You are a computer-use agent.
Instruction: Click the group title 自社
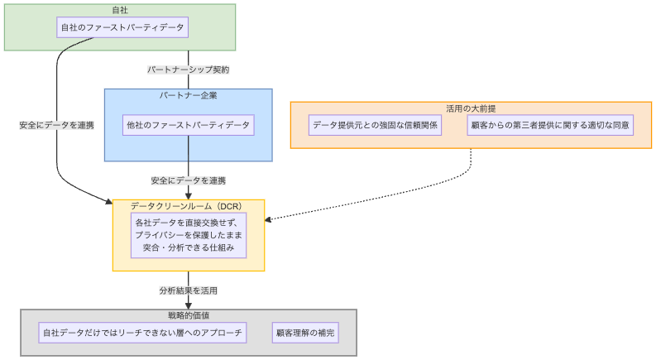[x=119, y=10]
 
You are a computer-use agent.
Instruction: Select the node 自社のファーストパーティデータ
[x=122, y=27]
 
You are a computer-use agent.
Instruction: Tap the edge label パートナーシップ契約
[x=188, y=70]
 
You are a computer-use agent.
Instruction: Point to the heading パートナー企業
[x=188, y=95]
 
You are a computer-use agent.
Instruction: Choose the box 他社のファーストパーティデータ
[x=188, y=125]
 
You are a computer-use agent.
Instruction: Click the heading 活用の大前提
[x=471, y=108]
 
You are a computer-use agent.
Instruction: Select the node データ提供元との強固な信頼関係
[x=375, y=125]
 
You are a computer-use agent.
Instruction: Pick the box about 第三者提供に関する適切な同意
[x=549, y=125]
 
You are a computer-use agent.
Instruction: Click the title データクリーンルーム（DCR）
[x=188, y=205]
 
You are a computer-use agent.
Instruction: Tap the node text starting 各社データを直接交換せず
[x=189, y=234]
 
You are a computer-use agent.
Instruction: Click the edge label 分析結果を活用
[x=188, y=290]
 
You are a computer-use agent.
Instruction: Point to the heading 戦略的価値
[x=188, y=315]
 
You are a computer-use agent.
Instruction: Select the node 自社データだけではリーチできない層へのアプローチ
[x=143, y=333]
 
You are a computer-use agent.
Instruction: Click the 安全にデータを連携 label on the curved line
[x=56, y=125]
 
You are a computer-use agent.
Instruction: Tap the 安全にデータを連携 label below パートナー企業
[x=188, y=180]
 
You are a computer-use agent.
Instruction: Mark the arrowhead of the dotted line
[x=269, y=220]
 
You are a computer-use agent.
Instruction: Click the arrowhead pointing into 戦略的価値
[x=189, y=305]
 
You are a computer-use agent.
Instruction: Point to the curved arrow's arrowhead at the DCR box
[x=108, y=201]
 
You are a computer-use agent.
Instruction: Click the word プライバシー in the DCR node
[x=163, y=234]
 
